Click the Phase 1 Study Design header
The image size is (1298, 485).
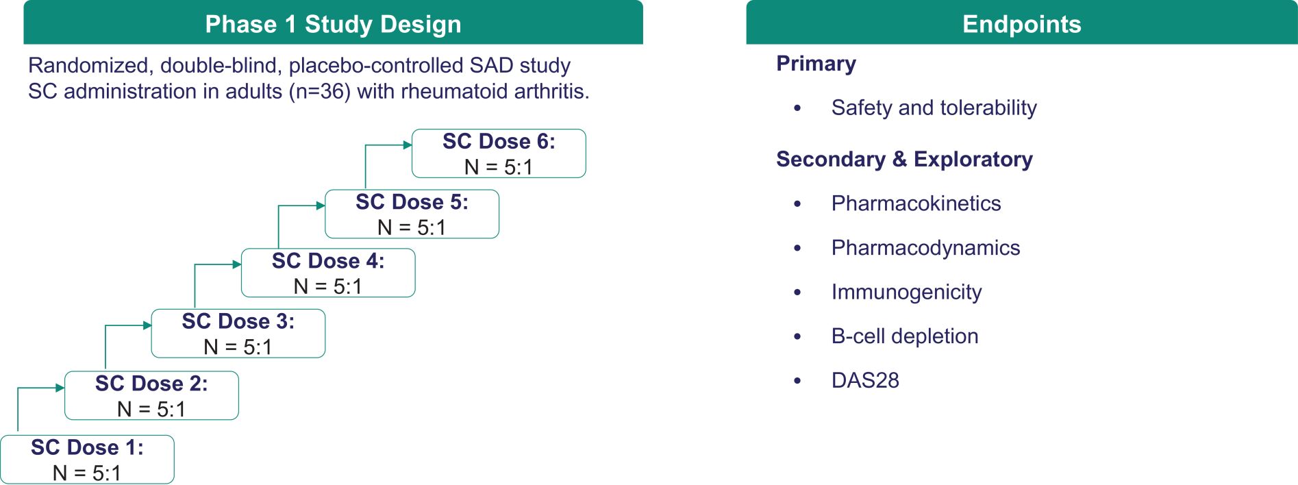pos(333,24)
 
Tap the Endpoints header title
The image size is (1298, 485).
pos(1021,24)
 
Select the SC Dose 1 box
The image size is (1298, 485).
pos(87,460)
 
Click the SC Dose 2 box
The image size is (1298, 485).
pos(151,395)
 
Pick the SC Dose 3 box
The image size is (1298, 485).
pos(238,334)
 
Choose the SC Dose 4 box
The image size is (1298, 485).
pos(328,273)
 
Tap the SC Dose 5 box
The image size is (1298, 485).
pos(412,214)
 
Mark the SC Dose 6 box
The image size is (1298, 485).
pos(499,153)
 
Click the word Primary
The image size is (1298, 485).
pos(816,64)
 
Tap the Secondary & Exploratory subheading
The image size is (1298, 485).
pos(904,159)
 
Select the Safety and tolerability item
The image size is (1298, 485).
pos(934,108)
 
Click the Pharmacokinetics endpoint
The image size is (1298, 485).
pos(916,203)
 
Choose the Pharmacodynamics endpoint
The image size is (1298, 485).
pos(925,248)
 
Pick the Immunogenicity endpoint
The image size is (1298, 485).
pos(906,293)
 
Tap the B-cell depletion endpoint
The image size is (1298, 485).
pos(905,336)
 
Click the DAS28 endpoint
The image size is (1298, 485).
pos(865,380)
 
